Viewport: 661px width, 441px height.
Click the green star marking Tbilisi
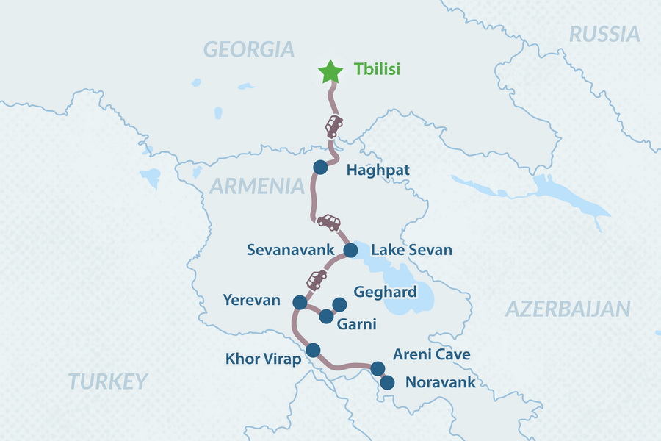tap(330, 72)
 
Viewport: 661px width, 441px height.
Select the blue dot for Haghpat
tap(319, 168)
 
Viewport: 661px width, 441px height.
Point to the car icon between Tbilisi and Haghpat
tap(334, 126)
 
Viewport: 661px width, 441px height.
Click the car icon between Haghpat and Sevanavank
tap(328, 221)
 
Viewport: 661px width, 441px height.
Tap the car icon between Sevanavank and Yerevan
tap(317, 279)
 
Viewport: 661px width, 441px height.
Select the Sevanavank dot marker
tap(350, 251)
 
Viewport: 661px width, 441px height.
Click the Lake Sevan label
tap(411, 251)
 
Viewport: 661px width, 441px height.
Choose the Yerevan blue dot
tap(300, 302)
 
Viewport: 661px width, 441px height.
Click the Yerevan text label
tap(252, 301)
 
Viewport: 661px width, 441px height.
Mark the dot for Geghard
tap(339, 304)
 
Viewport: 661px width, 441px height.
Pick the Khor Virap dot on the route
tap(313, 350)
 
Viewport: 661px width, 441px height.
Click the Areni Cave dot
tap(378, 368)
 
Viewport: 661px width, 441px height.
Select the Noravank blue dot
tap(387, 382)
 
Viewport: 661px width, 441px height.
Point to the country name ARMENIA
tap(256, 186)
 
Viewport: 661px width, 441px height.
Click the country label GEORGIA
tap(249, 49)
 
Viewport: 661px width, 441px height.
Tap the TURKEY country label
tap(108, 381)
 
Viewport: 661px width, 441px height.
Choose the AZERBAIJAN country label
tap(568, 309)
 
